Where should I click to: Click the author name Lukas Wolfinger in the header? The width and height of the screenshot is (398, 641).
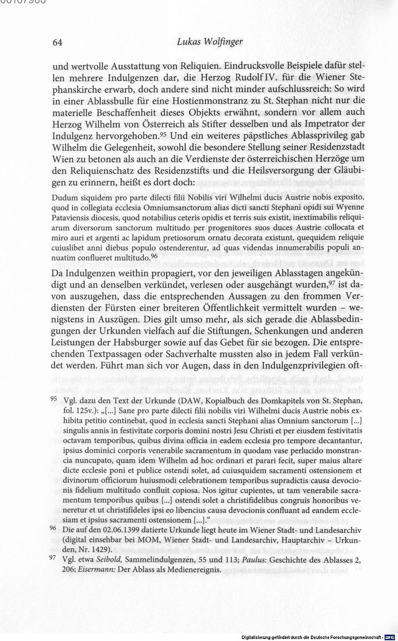209,42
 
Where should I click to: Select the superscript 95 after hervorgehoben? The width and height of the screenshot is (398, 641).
162,133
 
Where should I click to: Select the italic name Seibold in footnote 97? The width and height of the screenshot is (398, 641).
109,560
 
